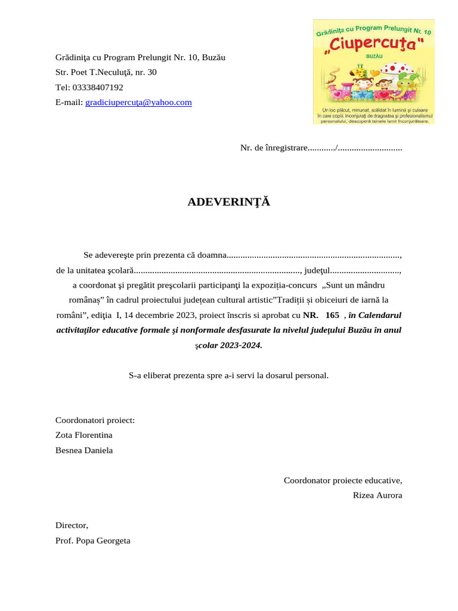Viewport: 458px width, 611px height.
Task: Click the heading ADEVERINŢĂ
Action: (228, 202)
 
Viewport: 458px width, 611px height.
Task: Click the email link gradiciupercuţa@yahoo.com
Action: (138, 102)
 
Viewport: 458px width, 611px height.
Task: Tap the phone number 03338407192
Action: (97, 87)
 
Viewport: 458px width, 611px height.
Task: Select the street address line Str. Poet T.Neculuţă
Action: (106, 72)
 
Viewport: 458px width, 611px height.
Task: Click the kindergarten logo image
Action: (373, 72)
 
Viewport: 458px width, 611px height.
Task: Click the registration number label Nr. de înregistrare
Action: (274, 147)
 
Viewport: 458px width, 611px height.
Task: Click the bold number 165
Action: (332, 314)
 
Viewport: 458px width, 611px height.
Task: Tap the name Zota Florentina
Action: (83, 435)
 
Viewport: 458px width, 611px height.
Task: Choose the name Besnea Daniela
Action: (83, 450)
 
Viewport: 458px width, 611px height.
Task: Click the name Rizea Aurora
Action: (377, 495)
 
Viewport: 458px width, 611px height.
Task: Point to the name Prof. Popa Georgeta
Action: (92, 541)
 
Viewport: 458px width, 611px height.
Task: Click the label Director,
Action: (72, 525)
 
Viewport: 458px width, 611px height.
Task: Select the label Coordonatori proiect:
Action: (95, 420)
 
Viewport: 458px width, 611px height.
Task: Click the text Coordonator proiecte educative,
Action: (342, 480)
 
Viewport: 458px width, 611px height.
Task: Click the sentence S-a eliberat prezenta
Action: (228, 375)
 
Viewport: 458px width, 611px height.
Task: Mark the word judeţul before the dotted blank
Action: (318, 270)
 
